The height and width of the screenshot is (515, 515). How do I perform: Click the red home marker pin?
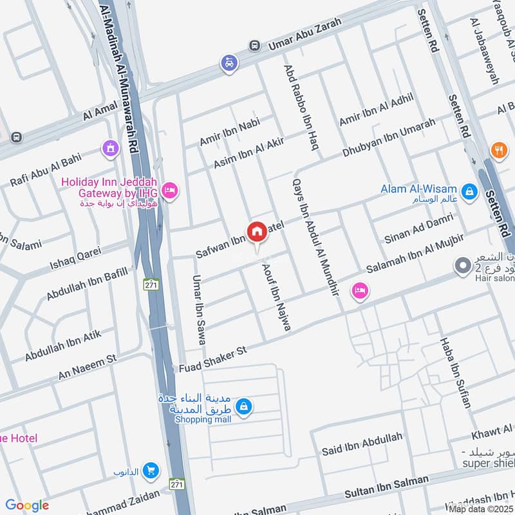256,231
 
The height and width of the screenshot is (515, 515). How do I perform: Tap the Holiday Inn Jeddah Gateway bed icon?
170,190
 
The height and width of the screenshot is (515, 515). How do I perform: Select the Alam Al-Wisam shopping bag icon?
470,190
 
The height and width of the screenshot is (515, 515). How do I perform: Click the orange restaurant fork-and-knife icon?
498,151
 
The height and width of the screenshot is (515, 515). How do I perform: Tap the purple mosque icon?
110,149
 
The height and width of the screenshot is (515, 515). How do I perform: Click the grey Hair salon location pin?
462,266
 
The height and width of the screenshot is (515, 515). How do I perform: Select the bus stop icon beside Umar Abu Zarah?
256,46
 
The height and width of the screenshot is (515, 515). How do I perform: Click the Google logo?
27,505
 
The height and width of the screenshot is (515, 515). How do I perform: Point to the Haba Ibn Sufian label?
455,373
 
